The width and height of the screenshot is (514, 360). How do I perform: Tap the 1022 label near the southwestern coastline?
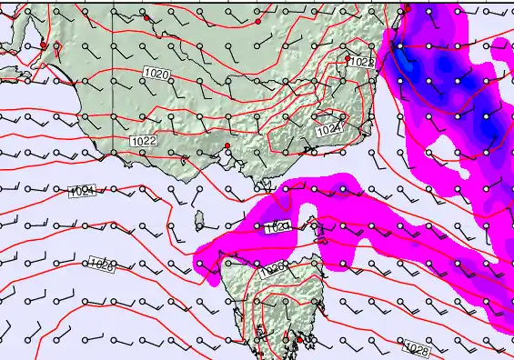[142, 141]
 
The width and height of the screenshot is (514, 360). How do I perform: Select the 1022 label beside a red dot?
[362, 62]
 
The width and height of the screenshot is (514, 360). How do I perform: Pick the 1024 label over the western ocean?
[82, 191]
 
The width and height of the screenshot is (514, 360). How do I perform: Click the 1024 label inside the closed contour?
[328, 131]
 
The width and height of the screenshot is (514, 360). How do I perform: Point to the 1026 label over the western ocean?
[102, 265]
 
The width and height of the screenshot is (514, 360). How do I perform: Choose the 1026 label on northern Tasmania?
[271, 270]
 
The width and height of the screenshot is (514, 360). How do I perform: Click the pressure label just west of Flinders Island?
[278, 228]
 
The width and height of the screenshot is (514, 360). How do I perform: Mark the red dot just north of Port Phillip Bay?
[227, 145]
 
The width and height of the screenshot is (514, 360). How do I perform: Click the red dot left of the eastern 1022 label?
[347, 58]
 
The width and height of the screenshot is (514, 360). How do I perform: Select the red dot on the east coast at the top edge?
[408, 8]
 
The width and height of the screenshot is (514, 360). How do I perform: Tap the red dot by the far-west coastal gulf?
[43, 45]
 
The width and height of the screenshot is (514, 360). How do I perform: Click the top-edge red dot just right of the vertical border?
[146, 16]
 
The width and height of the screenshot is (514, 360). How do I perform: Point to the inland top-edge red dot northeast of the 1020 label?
[257, 19]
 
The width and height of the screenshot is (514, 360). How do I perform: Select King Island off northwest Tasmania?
[198, 220]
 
